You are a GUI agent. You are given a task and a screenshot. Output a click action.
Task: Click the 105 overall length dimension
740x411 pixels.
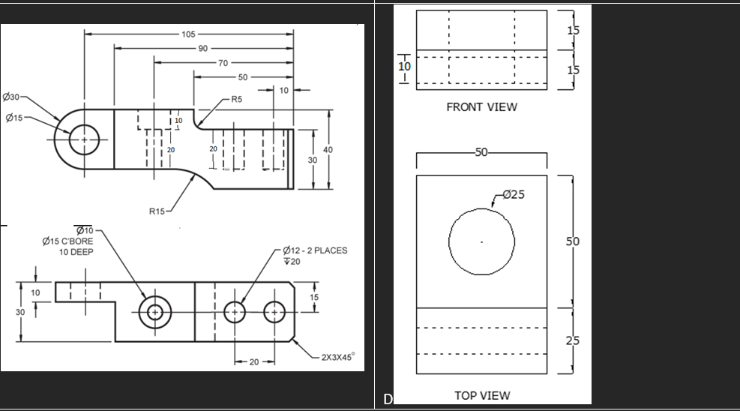[x=187, y=34]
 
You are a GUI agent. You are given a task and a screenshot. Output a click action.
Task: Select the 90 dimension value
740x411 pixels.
[x=202, y=49]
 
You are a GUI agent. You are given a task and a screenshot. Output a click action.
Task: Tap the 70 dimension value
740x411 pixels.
[x=223, y=63]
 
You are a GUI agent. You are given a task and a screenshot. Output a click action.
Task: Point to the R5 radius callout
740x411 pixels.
[x=236, y=99]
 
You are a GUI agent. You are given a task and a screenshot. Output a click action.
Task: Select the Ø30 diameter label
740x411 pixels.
[x=14, y=98]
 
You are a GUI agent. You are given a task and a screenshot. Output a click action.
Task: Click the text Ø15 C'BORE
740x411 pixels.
[x=68, y=241]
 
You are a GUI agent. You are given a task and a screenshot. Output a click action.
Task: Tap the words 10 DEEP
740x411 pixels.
[x=76, y=252]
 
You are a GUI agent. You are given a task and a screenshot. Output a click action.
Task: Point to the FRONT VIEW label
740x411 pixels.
[x=481, y=107]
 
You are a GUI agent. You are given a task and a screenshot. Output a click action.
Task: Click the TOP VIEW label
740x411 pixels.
[x=481, y=395]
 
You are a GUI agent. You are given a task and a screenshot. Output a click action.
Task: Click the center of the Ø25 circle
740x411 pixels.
[x=482, y=241]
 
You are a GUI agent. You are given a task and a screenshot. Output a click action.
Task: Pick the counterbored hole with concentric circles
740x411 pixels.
[x=155, y=311]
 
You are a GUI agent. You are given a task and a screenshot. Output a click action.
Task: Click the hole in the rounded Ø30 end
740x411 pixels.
[x=84, y=140]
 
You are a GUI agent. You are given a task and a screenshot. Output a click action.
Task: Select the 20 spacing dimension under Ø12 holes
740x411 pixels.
[x=254, y=362]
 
